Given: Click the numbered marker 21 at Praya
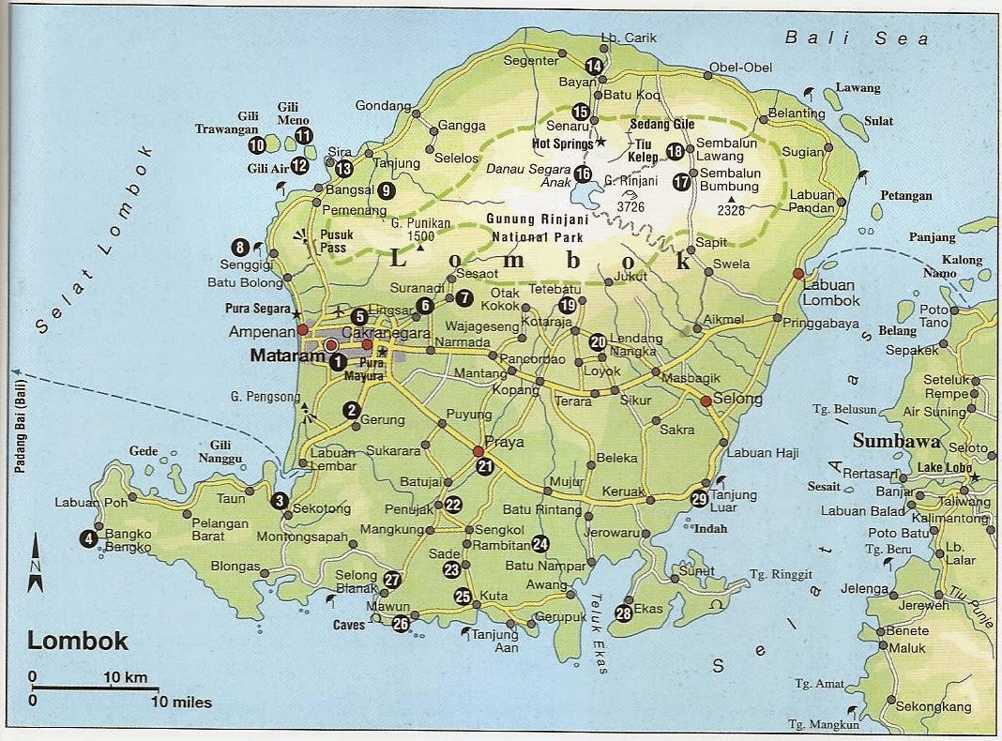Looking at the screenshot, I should pyautogui.click(x=484, y=466).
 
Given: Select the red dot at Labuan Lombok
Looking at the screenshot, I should pyautogui.click(x=797, y=273).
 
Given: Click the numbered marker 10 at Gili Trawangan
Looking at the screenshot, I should pyautogui.click(x=256, y=145).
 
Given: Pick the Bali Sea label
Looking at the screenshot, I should pyautogui.click(x=857, y=38).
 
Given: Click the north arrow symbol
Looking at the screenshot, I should pyautogui.click(x=36, y=564).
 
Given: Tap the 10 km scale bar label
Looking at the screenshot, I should pyautogui.click(x=125, y=677).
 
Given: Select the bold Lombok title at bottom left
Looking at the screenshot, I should pyautogui.click(x=78, y=642).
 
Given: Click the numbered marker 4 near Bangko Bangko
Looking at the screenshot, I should pyautogui.click(x=89, y=538).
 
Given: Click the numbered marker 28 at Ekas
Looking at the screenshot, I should pyautogui.click(x=624, y=613).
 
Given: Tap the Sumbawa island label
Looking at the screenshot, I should pyautogui.click(x=891, y=441).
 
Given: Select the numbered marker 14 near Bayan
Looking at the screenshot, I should pyautogui.click(x=593, y=66).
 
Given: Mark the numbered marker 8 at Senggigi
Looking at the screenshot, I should pyautogui.click(x=240, y=248).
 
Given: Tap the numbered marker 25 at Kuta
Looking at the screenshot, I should pyautogui.click(x=463, y=596).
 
